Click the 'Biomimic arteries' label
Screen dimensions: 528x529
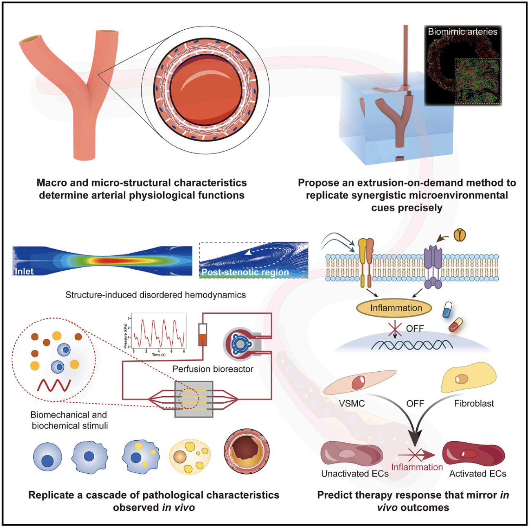point(462,32)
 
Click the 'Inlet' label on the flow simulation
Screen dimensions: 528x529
point(24,271)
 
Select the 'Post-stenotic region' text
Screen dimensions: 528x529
point(245,272)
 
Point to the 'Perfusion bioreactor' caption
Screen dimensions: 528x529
point(213,369)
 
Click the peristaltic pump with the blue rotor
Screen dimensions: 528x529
point(240,345)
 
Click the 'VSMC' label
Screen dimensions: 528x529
point(351,404)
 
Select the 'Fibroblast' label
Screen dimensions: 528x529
point(474,404)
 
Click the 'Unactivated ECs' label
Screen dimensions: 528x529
point(355,474)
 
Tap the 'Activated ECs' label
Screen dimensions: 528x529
point(478,474)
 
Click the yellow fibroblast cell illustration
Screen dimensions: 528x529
point(469,378)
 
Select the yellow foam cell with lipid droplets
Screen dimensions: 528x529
point(190,457)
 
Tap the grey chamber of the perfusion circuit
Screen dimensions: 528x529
point(194,399)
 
